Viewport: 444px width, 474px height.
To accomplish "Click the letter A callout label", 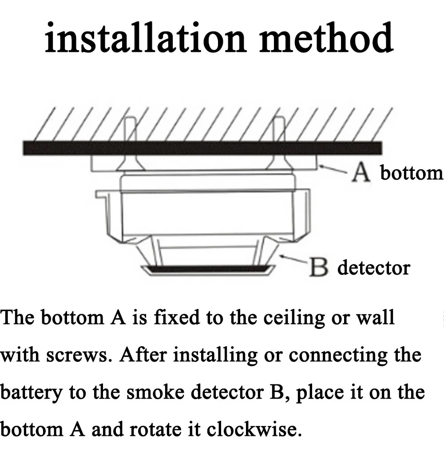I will (x=361, y=173).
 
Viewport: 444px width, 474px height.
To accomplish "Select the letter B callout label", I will (x=318, y=268).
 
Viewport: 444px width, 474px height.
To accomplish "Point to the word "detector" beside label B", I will (x=373, y=268).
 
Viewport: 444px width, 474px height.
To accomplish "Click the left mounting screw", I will (x=130, y=146).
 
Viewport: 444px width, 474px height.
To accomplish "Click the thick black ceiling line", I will (x=202, y=148).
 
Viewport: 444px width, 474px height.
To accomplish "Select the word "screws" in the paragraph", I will (x=82, y=355).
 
